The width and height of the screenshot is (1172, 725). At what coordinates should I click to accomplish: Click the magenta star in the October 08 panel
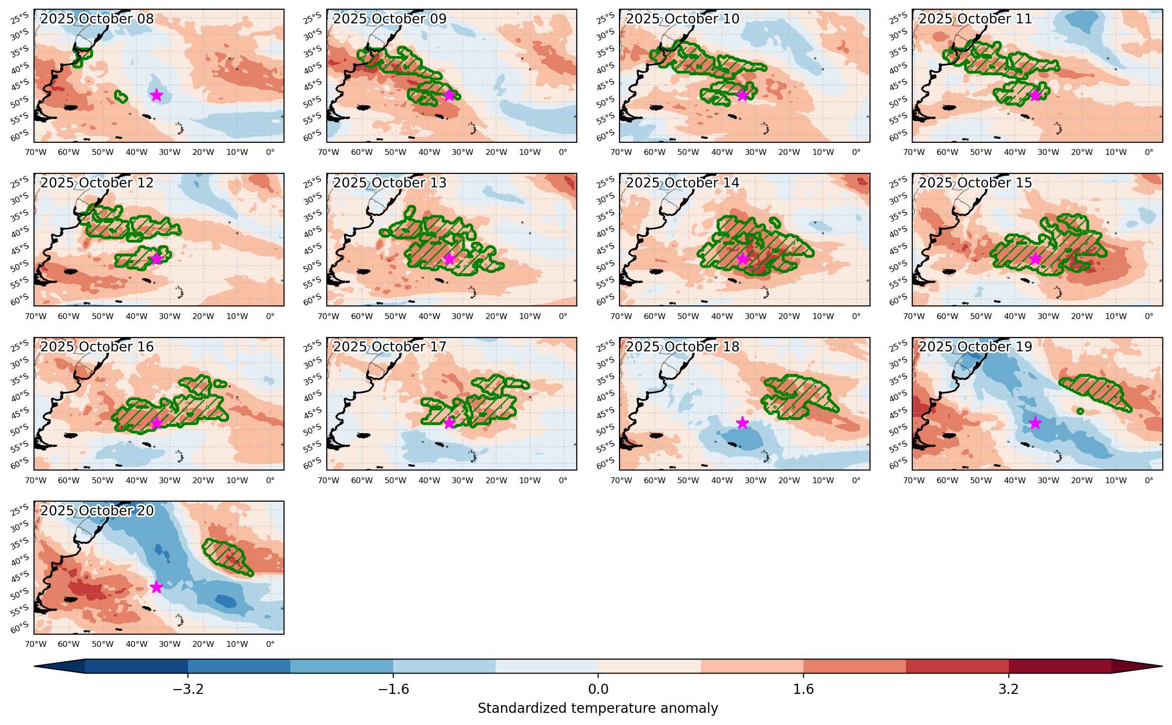click(156, 95)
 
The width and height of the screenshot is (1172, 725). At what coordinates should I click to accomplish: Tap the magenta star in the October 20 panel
click(156, 587)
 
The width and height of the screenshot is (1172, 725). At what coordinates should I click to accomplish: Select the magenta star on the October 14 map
click(742, 259)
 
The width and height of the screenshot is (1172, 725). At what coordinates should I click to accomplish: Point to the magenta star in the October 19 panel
click(1035, 423)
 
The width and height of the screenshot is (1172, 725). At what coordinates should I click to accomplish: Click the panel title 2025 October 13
click(390, 183)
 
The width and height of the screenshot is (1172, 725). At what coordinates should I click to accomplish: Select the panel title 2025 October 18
click(683, 347)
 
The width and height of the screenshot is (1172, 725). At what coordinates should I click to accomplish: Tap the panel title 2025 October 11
click(975, 19)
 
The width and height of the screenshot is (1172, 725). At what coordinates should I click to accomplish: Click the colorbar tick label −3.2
click(188, 689)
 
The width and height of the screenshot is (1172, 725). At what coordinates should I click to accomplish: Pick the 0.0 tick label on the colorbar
click(598, 689)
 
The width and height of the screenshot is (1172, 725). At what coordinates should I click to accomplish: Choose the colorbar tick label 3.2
click(1008, 689)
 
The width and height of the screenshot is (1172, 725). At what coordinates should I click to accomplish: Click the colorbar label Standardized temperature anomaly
click(598, 708)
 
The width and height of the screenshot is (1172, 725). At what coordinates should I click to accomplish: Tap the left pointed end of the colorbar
click(34, 666)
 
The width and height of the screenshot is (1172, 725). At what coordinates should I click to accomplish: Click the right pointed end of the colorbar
click(1162, 666)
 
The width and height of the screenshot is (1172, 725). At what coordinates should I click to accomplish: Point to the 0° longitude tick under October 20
click(270, 644)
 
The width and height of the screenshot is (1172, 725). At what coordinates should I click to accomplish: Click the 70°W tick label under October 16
click(35, 480)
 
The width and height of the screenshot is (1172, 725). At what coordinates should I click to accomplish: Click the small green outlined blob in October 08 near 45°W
click(121, 97)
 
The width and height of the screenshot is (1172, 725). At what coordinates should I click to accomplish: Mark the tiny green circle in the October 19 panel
click(1080, 411)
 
